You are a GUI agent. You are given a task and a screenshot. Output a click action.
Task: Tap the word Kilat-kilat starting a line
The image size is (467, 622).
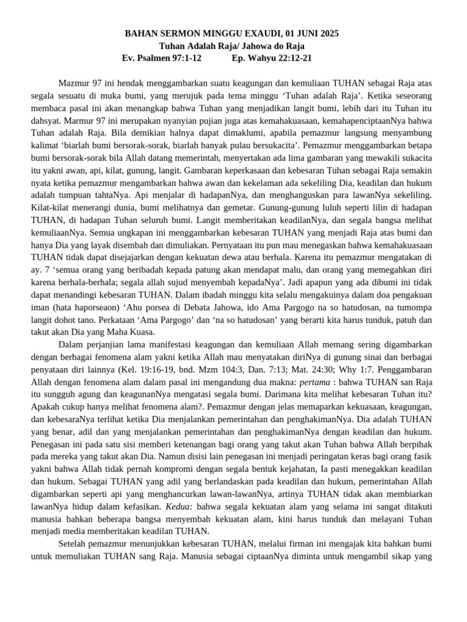[53, 207]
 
